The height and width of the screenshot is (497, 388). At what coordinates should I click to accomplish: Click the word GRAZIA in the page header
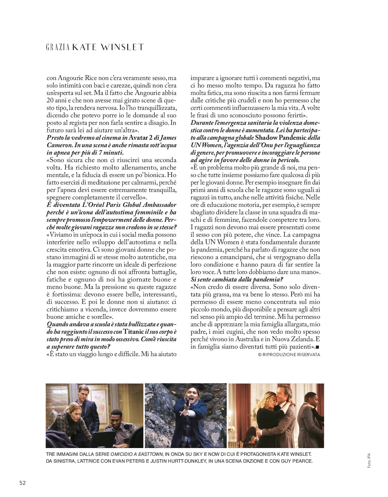(58, 47)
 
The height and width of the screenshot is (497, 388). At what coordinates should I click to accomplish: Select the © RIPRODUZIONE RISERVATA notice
(289, 355)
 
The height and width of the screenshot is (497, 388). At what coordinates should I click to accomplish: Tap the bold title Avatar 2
(140, 137)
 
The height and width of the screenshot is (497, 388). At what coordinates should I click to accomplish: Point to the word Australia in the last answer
(253, 339)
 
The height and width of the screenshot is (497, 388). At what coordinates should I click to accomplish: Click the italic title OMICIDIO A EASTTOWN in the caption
(137, 454)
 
